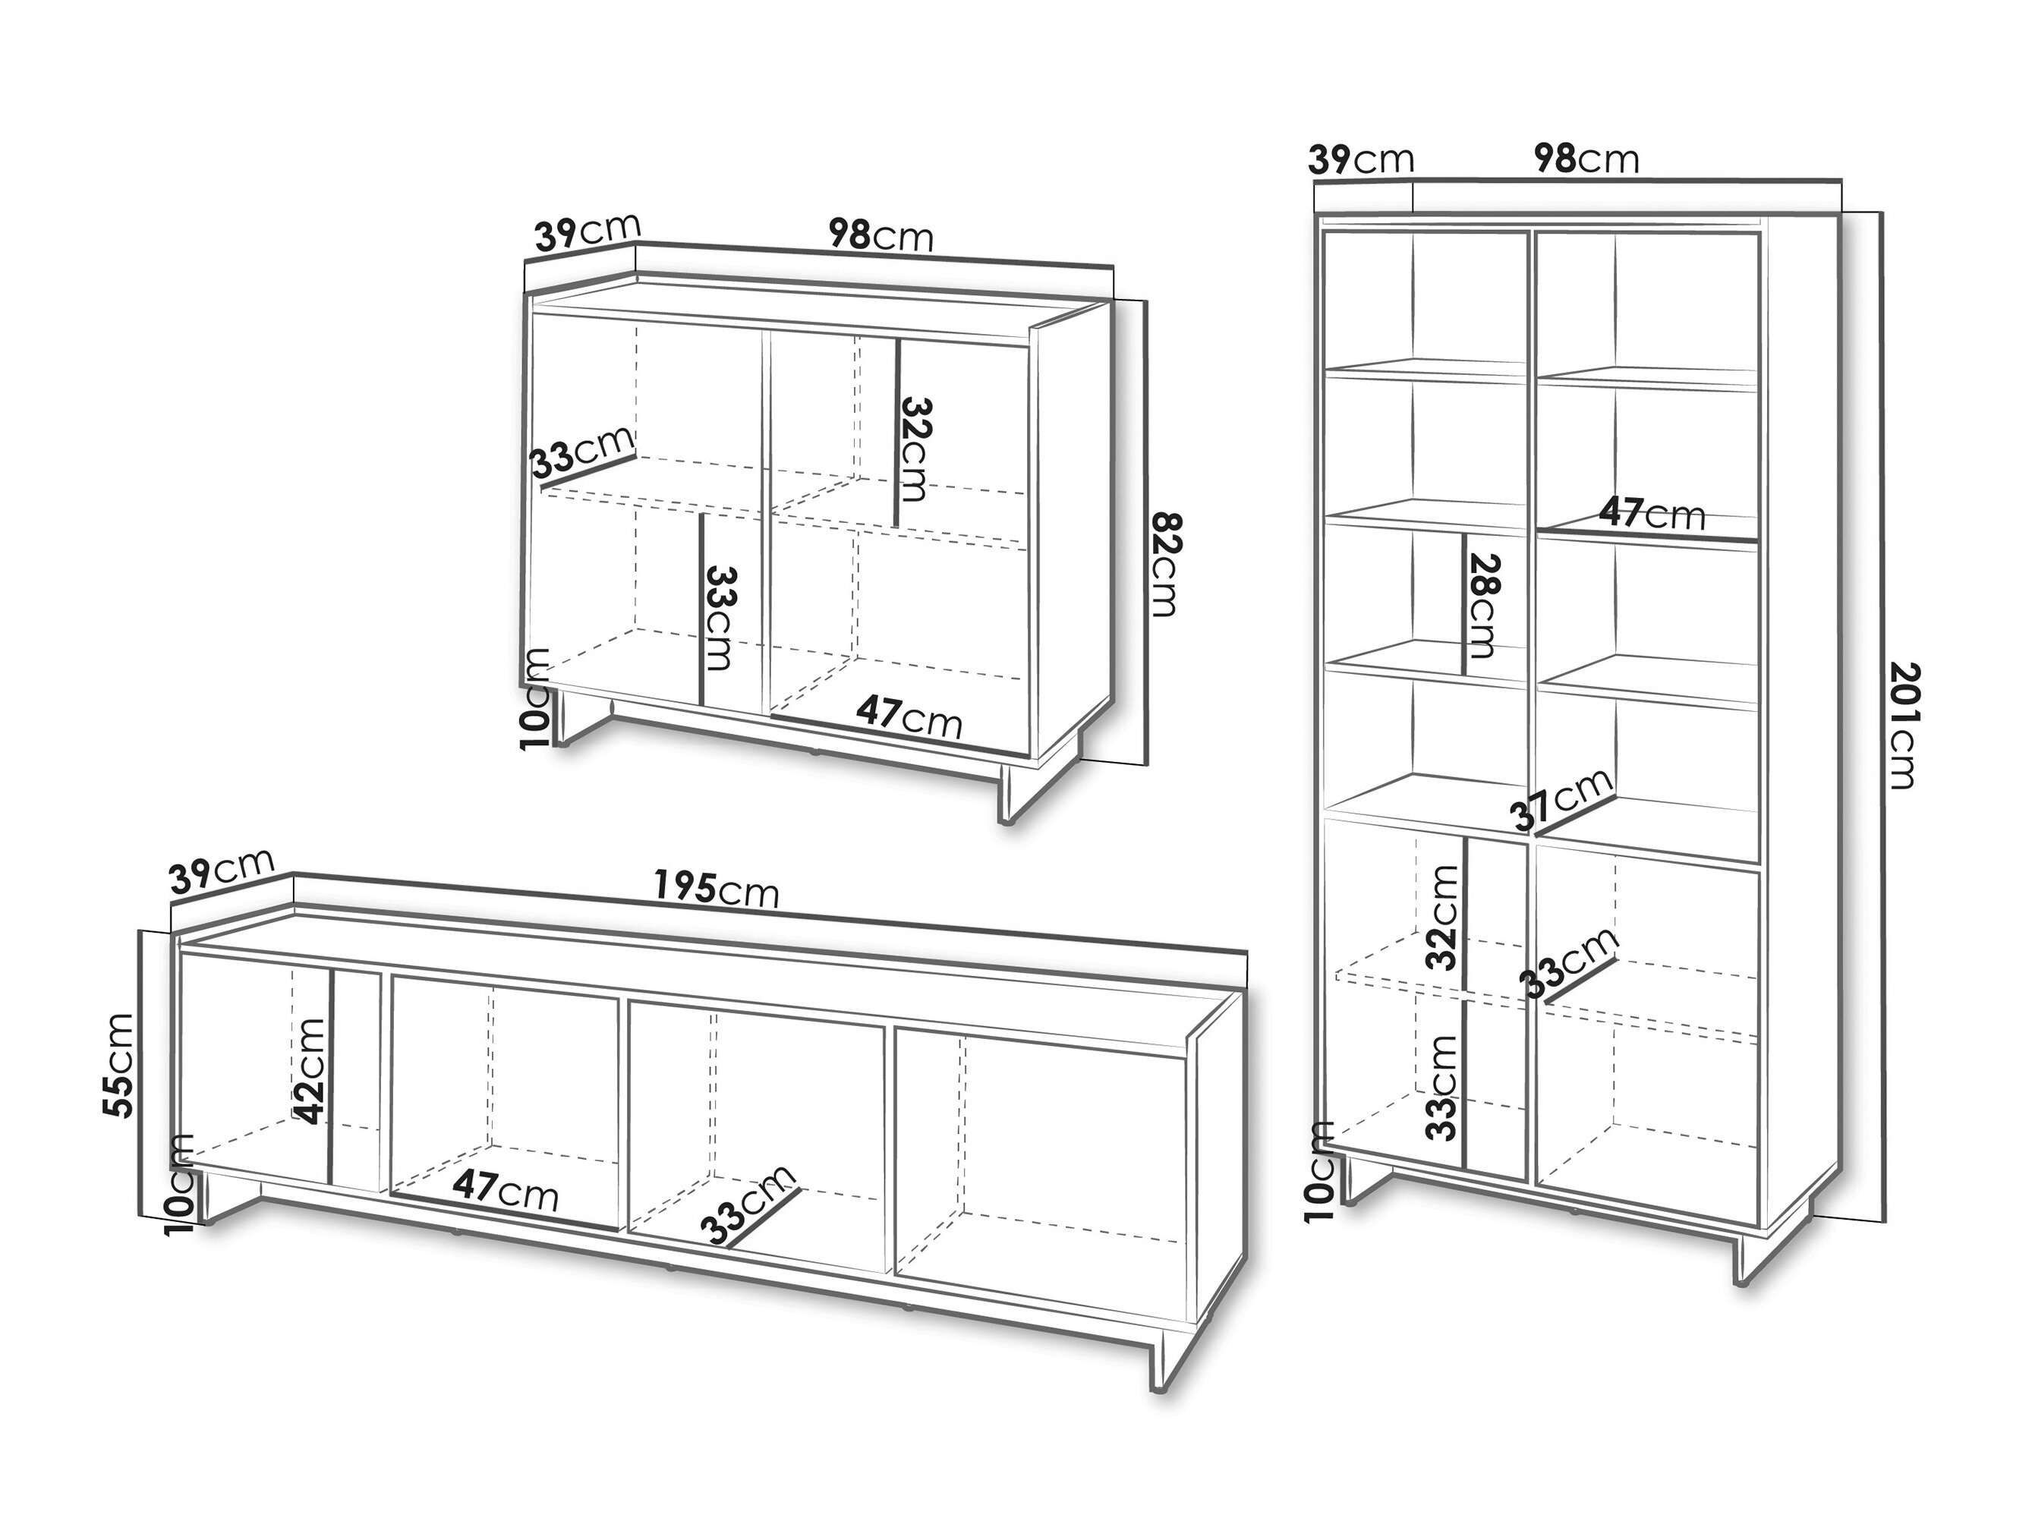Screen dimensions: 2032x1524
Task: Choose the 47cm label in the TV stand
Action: tap(506, 1192)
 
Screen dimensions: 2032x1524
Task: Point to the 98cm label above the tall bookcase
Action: tap(1586, 158)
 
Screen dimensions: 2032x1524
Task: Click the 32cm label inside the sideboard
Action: tap(915, 449)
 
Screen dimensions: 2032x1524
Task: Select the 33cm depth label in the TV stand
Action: tap(748, 1206)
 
